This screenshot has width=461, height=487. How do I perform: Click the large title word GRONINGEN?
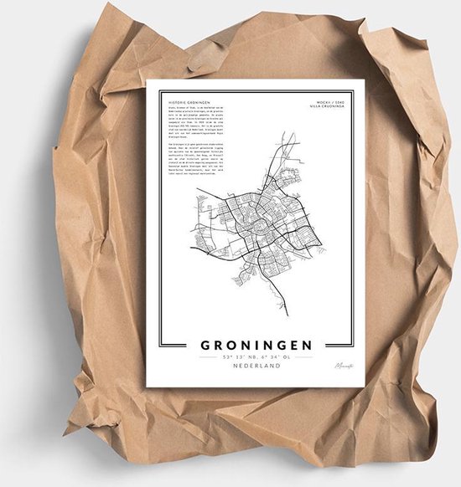pyautogui.click(x=256, y=345)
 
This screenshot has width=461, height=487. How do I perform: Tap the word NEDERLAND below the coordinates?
pyautogui.click(x=256, y=366)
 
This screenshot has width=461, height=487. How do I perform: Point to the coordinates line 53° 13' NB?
pyautogui.click(x=256, y=356)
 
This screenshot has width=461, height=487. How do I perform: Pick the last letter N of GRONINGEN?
pyautogui.click(x=308, y=345)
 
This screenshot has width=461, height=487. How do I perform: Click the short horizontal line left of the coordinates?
pyautogui.click(x=208, y=356)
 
